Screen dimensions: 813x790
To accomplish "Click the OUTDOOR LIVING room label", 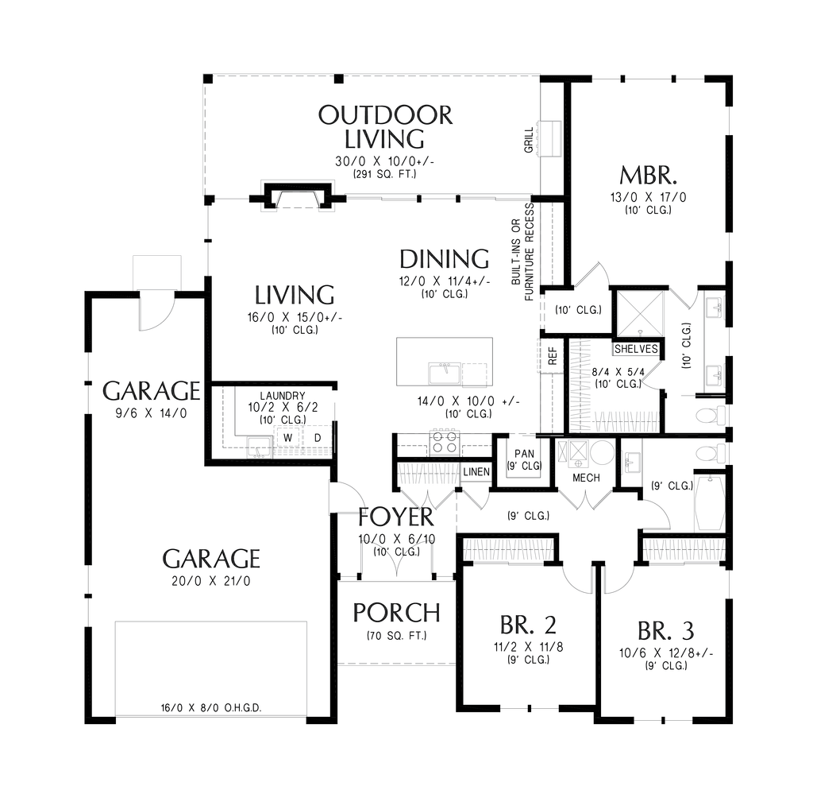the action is point(385,127).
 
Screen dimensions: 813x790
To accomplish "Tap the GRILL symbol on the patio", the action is point(550,139).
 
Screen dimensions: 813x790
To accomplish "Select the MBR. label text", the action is point(648,176).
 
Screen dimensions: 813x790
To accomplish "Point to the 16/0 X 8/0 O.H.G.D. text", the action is point(211,708).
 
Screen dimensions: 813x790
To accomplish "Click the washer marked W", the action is point(287,438).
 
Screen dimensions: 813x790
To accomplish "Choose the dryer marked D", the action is point(318,438).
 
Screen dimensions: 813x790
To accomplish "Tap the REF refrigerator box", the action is point(552,356).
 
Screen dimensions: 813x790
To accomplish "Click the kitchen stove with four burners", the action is point(445,443).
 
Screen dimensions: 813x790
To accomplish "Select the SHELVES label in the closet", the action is point(636,350).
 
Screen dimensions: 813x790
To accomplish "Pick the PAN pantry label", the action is point(524,454).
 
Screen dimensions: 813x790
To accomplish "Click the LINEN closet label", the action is point(476,472).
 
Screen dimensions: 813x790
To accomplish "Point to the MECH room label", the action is point(586,478).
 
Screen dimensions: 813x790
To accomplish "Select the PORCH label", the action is point(397,613).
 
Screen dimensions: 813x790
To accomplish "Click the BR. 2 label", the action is point(528,625).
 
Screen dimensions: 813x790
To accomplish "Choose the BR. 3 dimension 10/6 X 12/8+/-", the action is point(666,653).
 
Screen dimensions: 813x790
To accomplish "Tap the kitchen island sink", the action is point(445,374).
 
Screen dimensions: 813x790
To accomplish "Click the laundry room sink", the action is point(259,447).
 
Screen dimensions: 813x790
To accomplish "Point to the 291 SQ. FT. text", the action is point(385,174).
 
